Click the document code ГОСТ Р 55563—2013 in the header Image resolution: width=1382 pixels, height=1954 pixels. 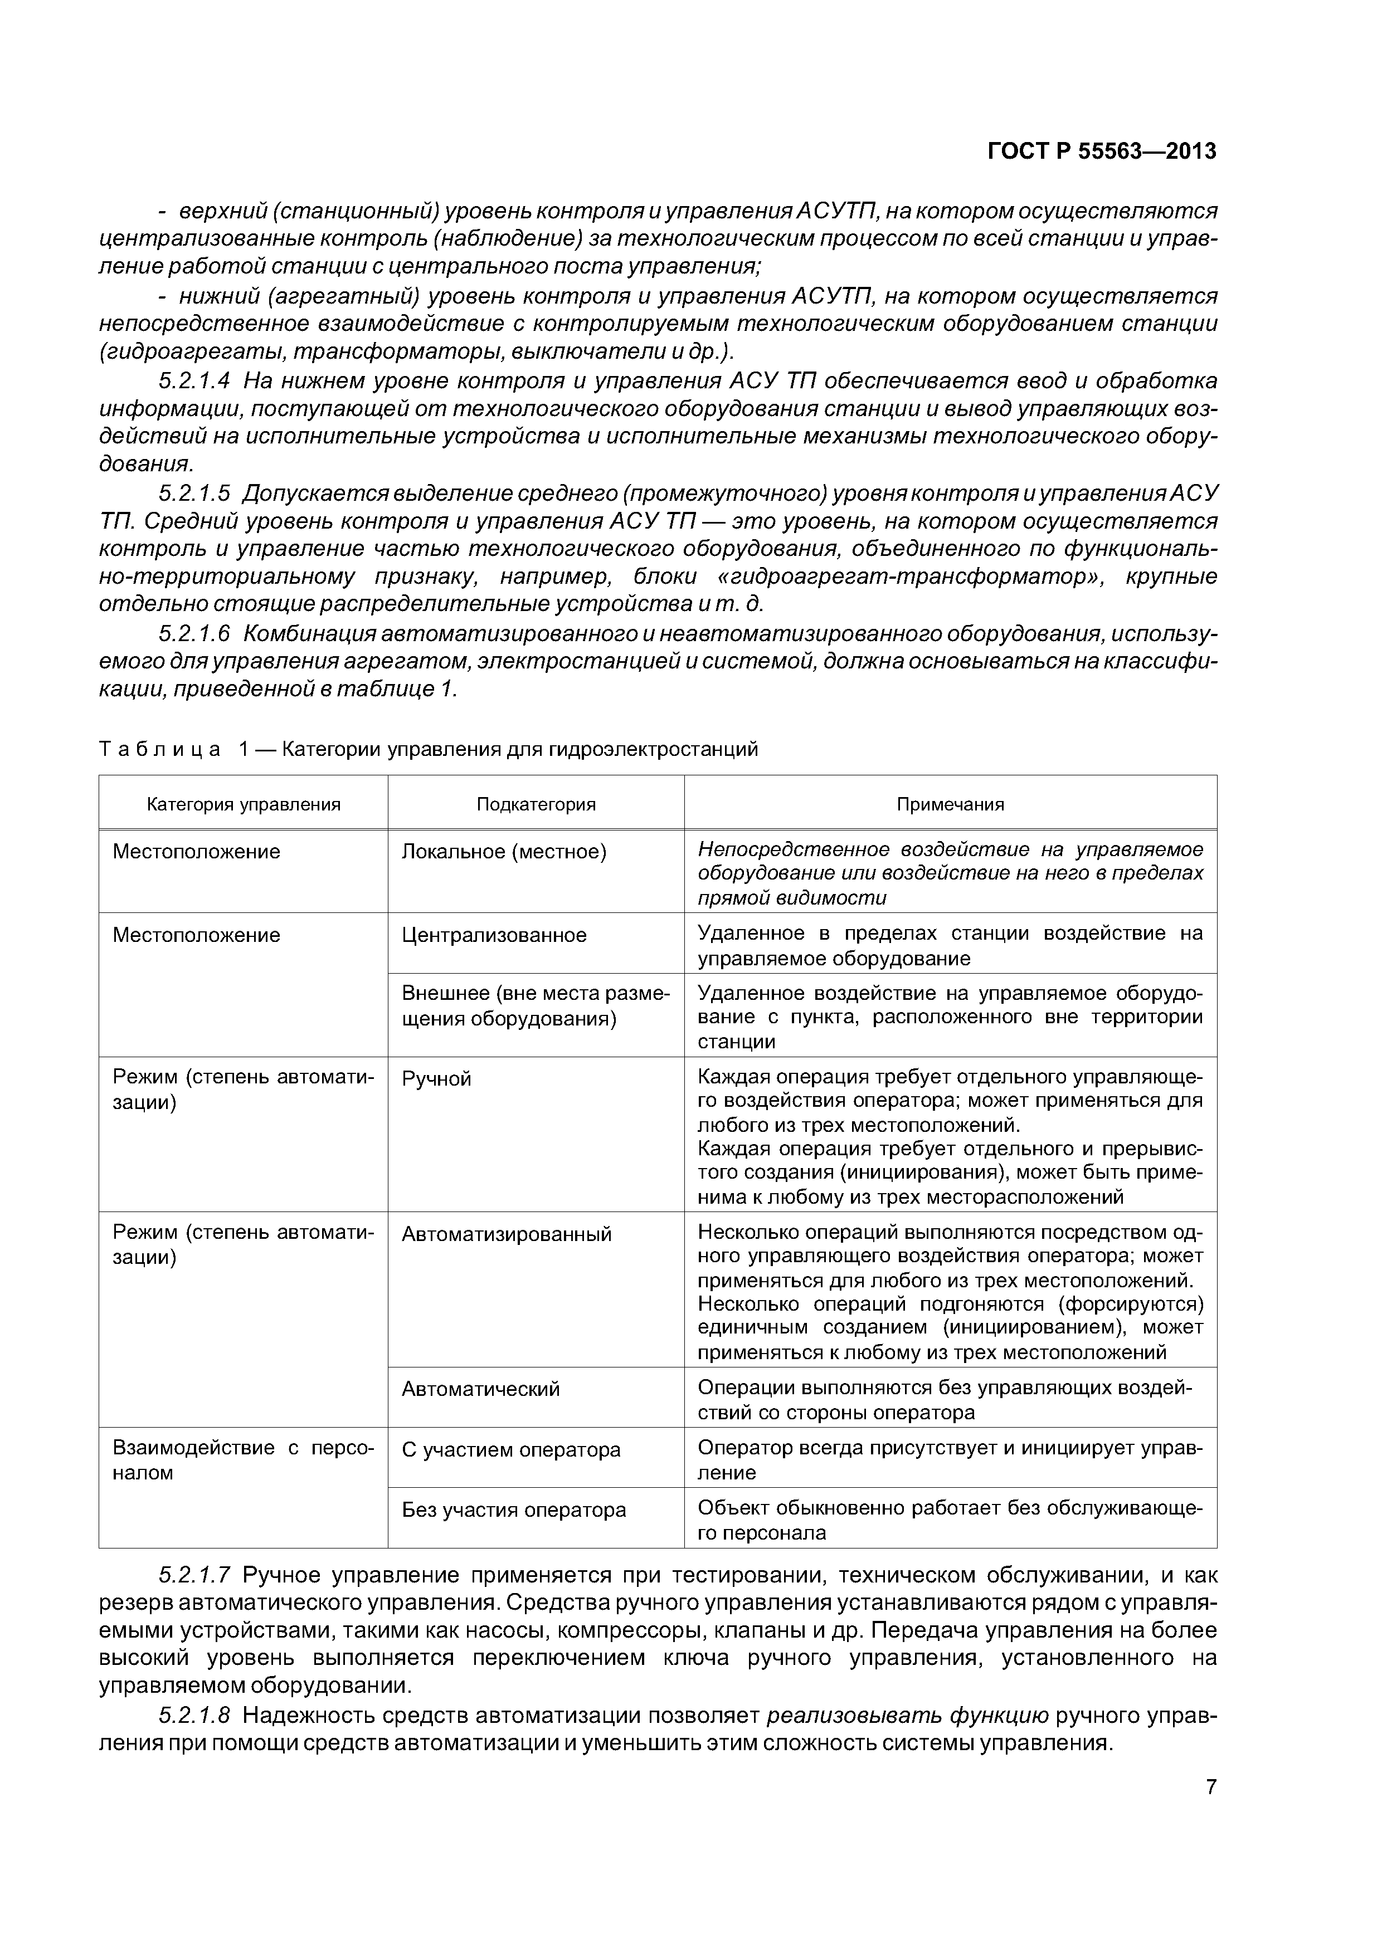click(x=1101, y=152)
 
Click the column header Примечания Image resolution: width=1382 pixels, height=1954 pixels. click(x=950, y=804)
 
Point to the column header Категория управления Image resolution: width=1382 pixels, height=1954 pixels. click(x=244, y=804)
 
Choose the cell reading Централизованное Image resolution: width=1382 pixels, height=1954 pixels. click(x=494, y=935)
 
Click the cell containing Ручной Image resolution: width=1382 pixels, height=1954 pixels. click(x=436, y=1079)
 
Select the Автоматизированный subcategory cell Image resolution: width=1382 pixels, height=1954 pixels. click(x=506, y=1234)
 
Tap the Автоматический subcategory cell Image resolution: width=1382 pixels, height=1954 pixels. click(x=480, y=1389)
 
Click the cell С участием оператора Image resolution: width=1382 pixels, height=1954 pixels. click(x=511, y=1449)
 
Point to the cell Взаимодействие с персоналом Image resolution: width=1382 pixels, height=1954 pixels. click(x=244, y=1460)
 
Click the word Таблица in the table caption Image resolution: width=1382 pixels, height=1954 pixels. click(x=159, y=749)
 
